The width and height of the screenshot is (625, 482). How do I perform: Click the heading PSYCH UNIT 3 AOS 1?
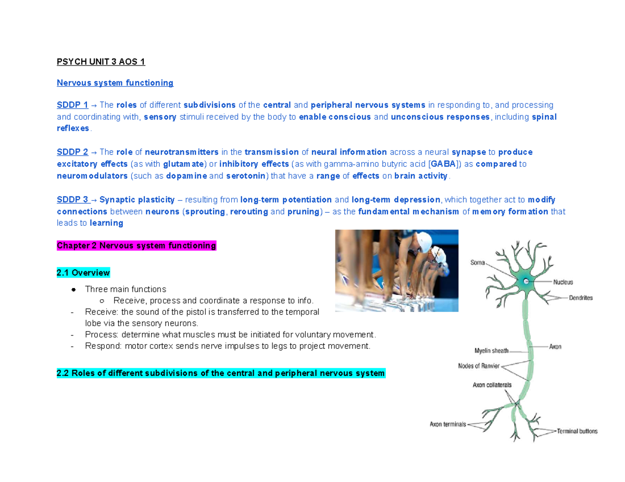[x=101, y=62]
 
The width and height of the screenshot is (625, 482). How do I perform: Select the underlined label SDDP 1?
[x=72, y=105]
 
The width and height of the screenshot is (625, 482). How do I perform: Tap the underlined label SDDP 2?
[x=72, y=152]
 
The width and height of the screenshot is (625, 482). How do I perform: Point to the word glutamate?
[x=184, y=164]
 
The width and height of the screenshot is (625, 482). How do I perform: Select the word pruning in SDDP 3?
[x=302, y=212]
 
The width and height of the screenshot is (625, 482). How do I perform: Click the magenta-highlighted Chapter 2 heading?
[x=136, y=245]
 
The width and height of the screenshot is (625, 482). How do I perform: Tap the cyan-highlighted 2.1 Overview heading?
[x=83, y=272]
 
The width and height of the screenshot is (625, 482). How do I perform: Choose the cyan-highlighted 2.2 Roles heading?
[x=221, y=373]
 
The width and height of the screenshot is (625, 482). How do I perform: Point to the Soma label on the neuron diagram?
[x=479, y=263]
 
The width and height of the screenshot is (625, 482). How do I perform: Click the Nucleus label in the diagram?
[x=563, y=282]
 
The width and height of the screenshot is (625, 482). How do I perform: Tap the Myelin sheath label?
[x=492, y=350]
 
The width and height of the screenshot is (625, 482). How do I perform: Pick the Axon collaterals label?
[x=492, y=385]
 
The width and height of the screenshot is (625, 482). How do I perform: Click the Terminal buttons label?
[x=577, y=431]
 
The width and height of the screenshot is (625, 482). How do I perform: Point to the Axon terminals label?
[x=448, y=424]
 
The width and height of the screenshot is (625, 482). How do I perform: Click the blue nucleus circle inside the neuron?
[x=527, y=281]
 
